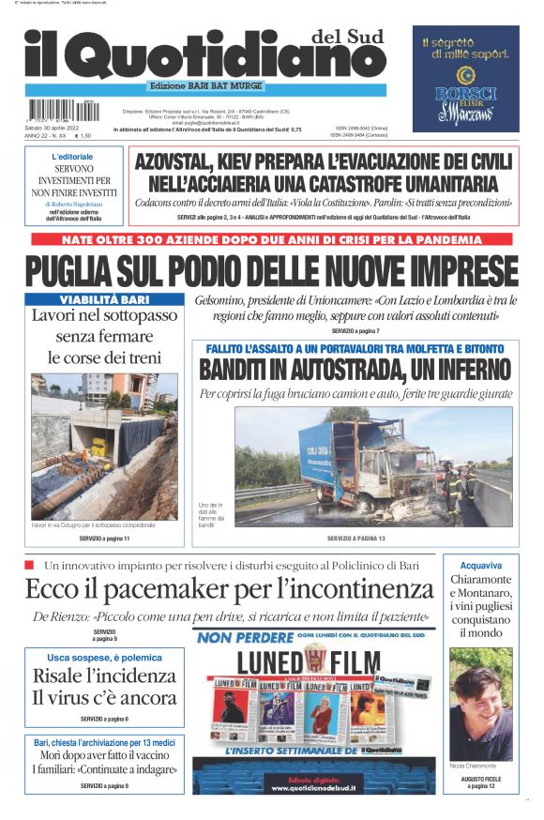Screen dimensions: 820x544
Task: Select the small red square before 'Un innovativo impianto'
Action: click(29, 564)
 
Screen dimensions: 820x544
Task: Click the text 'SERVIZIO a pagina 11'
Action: click(104, 539)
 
